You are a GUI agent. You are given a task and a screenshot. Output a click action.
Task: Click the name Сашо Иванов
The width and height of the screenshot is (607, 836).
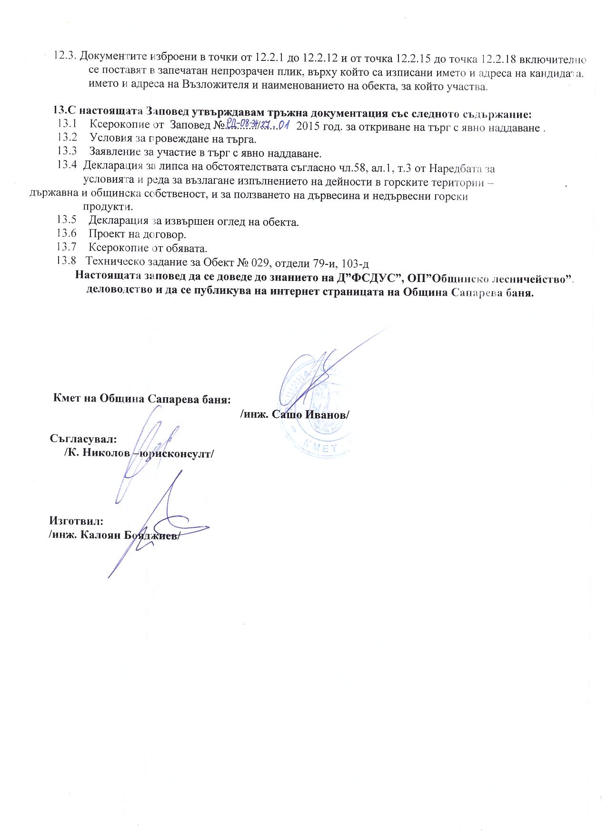click(x=310, y=414)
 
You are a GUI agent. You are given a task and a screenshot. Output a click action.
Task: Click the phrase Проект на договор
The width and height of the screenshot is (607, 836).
click(x=138, y=234)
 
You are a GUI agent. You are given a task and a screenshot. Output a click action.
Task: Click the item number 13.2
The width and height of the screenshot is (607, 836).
click(x=67, y=138)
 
